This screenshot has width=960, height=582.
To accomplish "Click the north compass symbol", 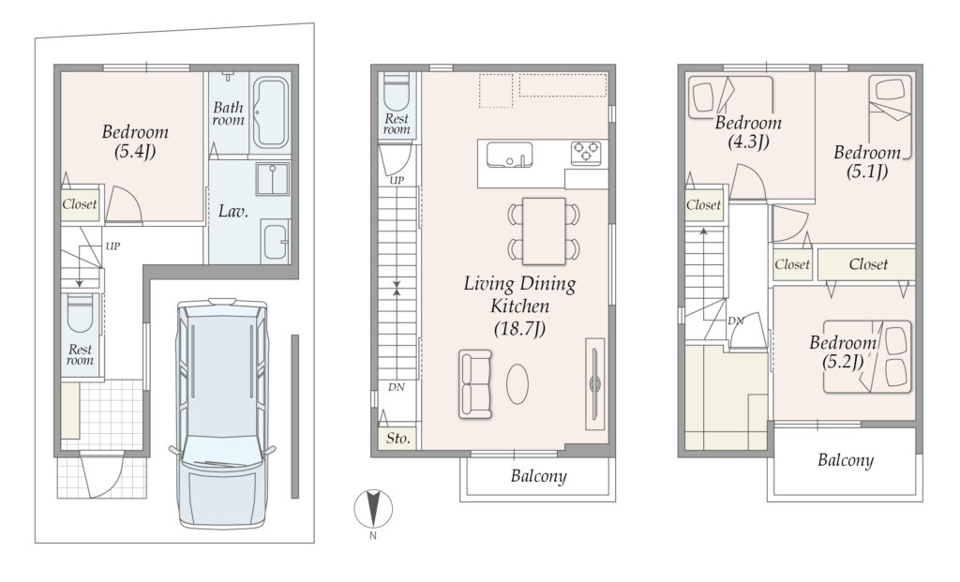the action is point(373,509).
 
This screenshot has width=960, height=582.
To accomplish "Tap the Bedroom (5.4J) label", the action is point(135,141).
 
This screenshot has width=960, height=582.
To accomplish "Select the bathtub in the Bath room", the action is point(271,112).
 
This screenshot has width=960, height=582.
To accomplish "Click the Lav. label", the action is point(233,212).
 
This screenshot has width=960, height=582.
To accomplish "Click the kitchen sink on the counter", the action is point(509,155).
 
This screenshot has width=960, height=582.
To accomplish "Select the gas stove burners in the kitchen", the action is point(586,152).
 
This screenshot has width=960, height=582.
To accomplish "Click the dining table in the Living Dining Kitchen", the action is point(544,231).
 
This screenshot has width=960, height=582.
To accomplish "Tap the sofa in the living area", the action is point(475,384).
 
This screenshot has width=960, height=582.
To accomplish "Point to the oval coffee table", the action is point(517,384).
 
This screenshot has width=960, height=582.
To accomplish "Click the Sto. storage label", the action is point(397,439).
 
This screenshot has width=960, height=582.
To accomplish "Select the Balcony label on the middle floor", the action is point(539,476).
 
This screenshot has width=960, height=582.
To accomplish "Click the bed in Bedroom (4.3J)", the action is point(731,97).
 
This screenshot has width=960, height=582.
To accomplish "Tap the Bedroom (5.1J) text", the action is point(867,161).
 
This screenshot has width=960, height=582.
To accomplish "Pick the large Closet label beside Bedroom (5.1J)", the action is point(868,264).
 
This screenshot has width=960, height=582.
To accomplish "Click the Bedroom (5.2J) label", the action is point(843,351).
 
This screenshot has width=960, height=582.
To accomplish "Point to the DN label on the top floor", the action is point(735,321).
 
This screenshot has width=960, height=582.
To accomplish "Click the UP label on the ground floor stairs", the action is point(112,246).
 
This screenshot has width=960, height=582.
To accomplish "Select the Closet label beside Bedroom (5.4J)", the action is point(80,203).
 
